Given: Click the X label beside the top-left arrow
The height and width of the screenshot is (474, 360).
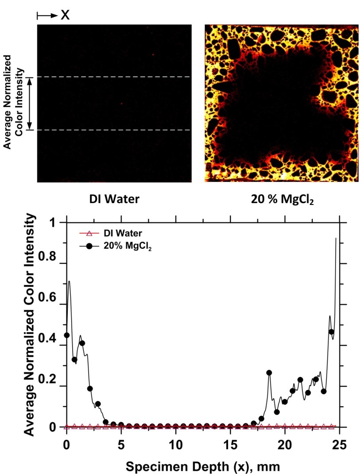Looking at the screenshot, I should (x=65, y=15).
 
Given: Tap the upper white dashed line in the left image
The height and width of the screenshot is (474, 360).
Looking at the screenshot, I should (x=114, y=77).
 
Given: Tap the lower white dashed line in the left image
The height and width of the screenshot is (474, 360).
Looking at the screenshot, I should (x=114, y=130).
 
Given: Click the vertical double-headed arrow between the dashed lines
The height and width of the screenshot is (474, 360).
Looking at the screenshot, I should (x=30, y=104).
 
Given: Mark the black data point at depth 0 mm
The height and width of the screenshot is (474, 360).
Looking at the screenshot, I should (x=67, y=335).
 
